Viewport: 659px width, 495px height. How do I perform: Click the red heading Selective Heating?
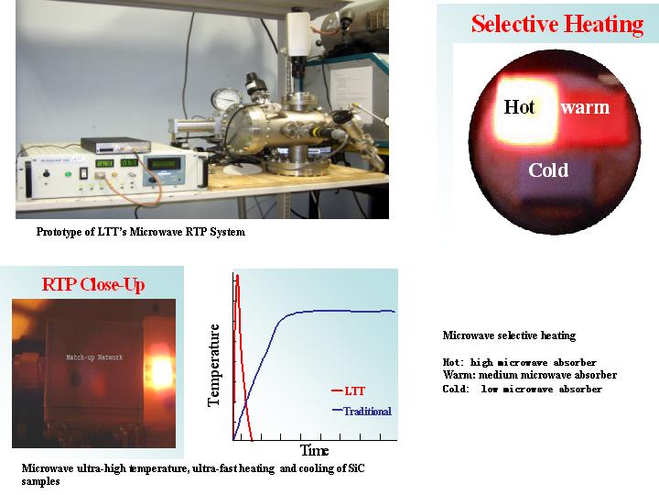point(557,24)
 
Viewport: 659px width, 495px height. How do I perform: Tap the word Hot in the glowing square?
point(520,107)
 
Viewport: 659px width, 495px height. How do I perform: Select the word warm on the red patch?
point(585,107)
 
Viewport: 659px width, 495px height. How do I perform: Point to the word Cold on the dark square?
point(548,170)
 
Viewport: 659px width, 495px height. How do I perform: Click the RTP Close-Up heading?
point(93,284)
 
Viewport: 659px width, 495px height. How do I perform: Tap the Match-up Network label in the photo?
point(94,357)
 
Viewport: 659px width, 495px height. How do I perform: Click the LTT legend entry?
point(349,391)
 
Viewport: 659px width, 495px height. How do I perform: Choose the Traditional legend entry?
point(362,411)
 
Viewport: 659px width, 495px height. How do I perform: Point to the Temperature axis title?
point(214,365)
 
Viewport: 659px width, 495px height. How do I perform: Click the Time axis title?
point(314,450)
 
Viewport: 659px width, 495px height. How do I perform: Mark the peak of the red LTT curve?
point(237,276)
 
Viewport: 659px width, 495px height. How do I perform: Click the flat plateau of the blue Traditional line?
point(345,311)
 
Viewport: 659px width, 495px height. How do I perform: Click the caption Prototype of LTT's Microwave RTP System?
point(140,232)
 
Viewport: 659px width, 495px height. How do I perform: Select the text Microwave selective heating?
point(509,335)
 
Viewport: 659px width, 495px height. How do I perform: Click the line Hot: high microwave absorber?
point(520,362)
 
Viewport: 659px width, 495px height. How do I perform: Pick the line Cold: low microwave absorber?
point(522,389)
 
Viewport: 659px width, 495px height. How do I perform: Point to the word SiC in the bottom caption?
point(356,468)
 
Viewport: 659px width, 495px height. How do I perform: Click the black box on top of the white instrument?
point(115,145)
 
